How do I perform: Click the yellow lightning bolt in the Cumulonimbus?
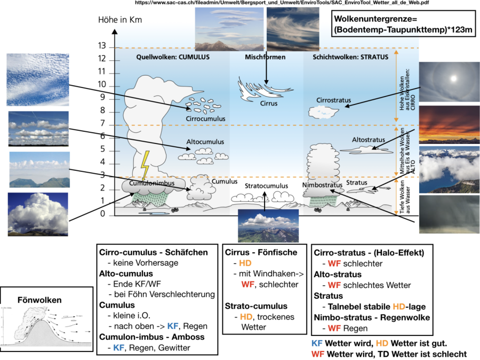[x=144, y=165]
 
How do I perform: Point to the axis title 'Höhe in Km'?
[x=121, y=20]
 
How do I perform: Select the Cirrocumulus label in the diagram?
[x=206, y=118]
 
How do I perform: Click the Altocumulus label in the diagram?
[x=205, y=142]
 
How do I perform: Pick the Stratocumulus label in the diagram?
[x=266, y=186]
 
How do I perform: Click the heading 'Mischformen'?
[x=265, y=57]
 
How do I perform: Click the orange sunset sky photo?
[x=450, y=125]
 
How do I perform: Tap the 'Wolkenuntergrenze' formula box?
[x=403, y=25]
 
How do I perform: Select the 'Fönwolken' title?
[x=39, y=300]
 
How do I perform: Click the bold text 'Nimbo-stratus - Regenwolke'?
[x=372, y=317]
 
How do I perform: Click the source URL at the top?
[x=282, y=3]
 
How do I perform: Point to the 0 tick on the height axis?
[x=103, y=214]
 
